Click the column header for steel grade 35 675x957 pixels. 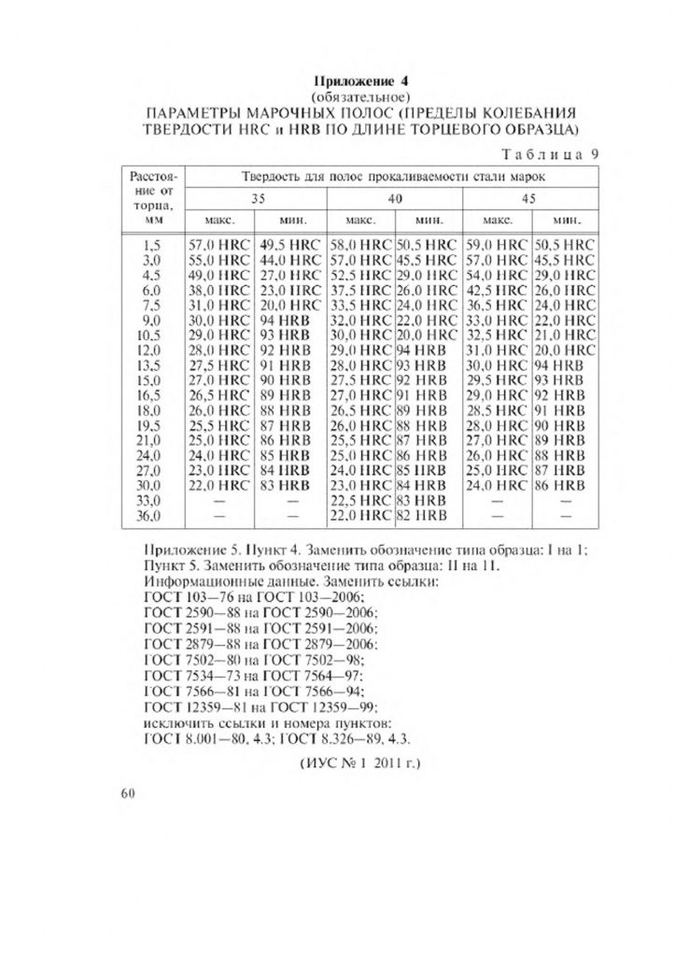point(255,198)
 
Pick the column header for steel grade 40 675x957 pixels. point(395,198)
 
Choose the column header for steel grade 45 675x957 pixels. point(528,198)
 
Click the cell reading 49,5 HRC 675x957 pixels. point(289,243)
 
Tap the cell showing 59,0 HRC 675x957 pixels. point(497,243)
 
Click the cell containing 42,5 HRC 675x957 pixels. point(497,290)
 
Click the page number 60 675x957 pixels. point(129,793)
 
